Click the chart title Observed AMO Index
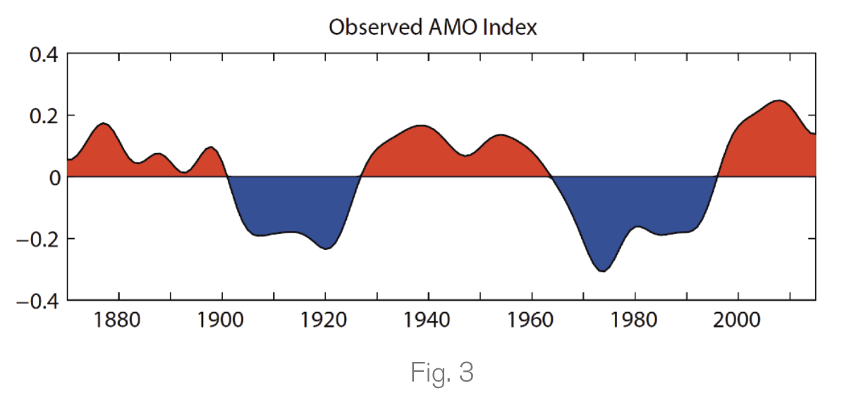coord(433,28)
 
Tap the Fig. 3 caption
coord(441,373)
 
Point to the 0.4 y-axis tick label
coord(43,54)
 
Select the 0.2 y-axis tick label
coord(43,115)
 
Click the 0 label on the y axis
coord(53,177)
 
